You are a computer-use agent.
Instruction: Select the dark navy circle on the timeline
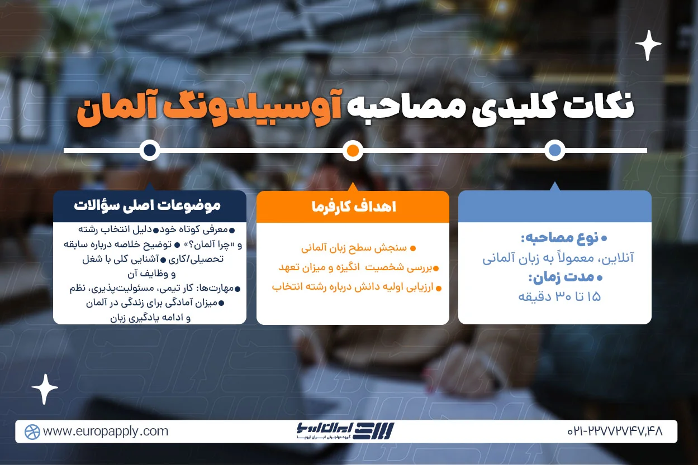[x=149, y=150]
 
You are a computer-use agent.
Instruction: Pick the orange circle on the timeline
[x=353, y=150]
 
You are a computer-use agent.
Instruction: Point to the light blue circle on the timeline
[x=554, y=150]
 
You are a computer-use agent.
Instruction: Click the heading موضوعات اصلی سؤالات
[x=148, y=205]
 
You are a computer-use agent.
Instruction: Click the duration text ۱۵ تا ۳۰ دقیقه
[x=559, y=296]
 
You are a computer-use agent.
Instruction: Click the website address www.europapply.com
[x=105, y=432]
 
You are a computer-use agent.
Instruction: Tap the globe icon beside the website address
[x=32, y=432]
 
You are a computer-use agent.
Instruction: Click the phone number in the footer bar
[x=614, y=432]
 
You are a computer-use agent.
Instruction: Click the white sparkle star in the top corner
[x=648, y=45]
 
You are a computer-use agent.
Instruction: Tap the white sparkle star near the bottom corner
[x=45, y=389]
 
